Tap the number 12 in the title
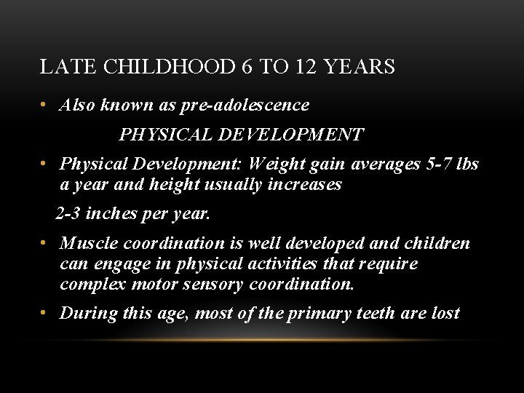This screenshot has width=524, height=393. [x=306, y=68]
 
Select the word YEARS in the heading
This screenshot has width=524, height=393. [x=360, y=68]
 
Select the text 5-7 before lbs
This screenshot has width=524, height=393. [x=435, y=164]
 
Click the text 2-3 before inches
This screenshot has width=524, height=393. [x=69, y=215]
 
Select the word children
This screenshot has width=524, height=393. [x=437, y=243]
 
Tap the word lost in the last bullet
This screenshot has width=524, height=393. [x=445, y=313]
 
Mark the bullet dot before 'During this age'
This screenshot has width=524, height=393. [x=45, y=314]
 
